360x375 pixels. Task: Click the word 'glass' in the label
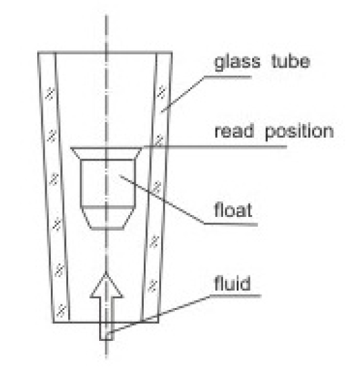pos(237,63)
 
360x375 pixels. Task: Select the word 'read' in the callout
pos(234,131)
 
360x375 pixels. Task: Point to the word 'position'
pos(299,131)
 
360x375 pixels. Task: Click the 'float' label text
pos(233,210)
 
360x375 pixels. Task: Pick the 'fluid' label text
pos(232,283)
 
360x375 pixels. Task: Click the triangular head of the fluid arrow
pos(106,286)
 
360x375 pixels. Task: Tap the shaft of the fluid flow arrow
pos(107,319)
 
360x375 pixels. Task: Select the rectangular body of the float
pos(107,183)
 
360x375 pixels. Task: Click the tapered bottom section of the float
pos(107,218)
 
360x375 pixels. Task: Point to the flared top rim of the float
pos(107,153)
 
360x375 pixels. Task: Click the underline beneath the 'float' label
pos(230,224)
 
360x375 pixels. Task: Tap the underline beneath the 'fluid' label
pos(235,296)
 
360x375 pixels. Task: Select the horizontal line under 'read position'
pos(215,147)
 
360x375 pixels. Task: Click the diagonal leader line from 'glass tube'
pos(183,94)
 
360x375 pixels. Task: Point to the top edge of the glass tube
pos(105,52)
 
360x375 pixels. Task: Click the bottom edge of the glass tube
pos(106,322)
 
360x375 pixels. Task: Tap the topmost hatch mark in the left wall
pos(50,94)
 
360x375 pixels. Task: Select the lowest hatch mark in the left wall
pos(61,311)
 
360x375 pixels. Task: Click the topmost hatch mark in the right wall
pos(162,92)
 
